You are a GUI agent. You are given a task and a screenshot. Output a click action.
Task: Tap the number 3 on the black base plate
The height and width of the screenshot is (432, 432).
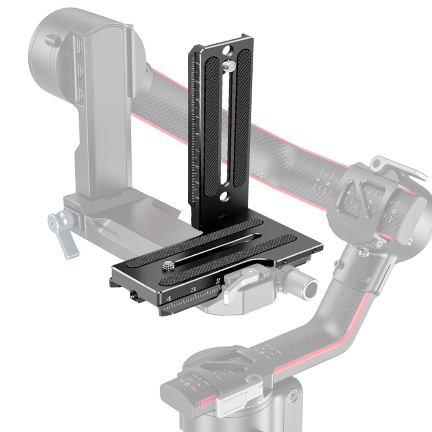coord(194,289)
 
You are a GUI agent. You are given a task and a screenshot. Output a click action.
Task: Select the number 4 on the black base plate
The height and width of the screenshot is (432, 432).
coord(169,299)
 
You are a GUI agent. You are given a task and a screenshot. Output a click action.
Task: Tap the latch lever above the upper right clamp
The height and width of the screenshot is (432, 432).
coord(397,167)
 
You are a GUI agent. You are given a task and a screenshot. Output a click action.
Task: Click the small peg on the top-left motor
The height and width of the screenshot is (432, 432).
coord(53,40)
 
